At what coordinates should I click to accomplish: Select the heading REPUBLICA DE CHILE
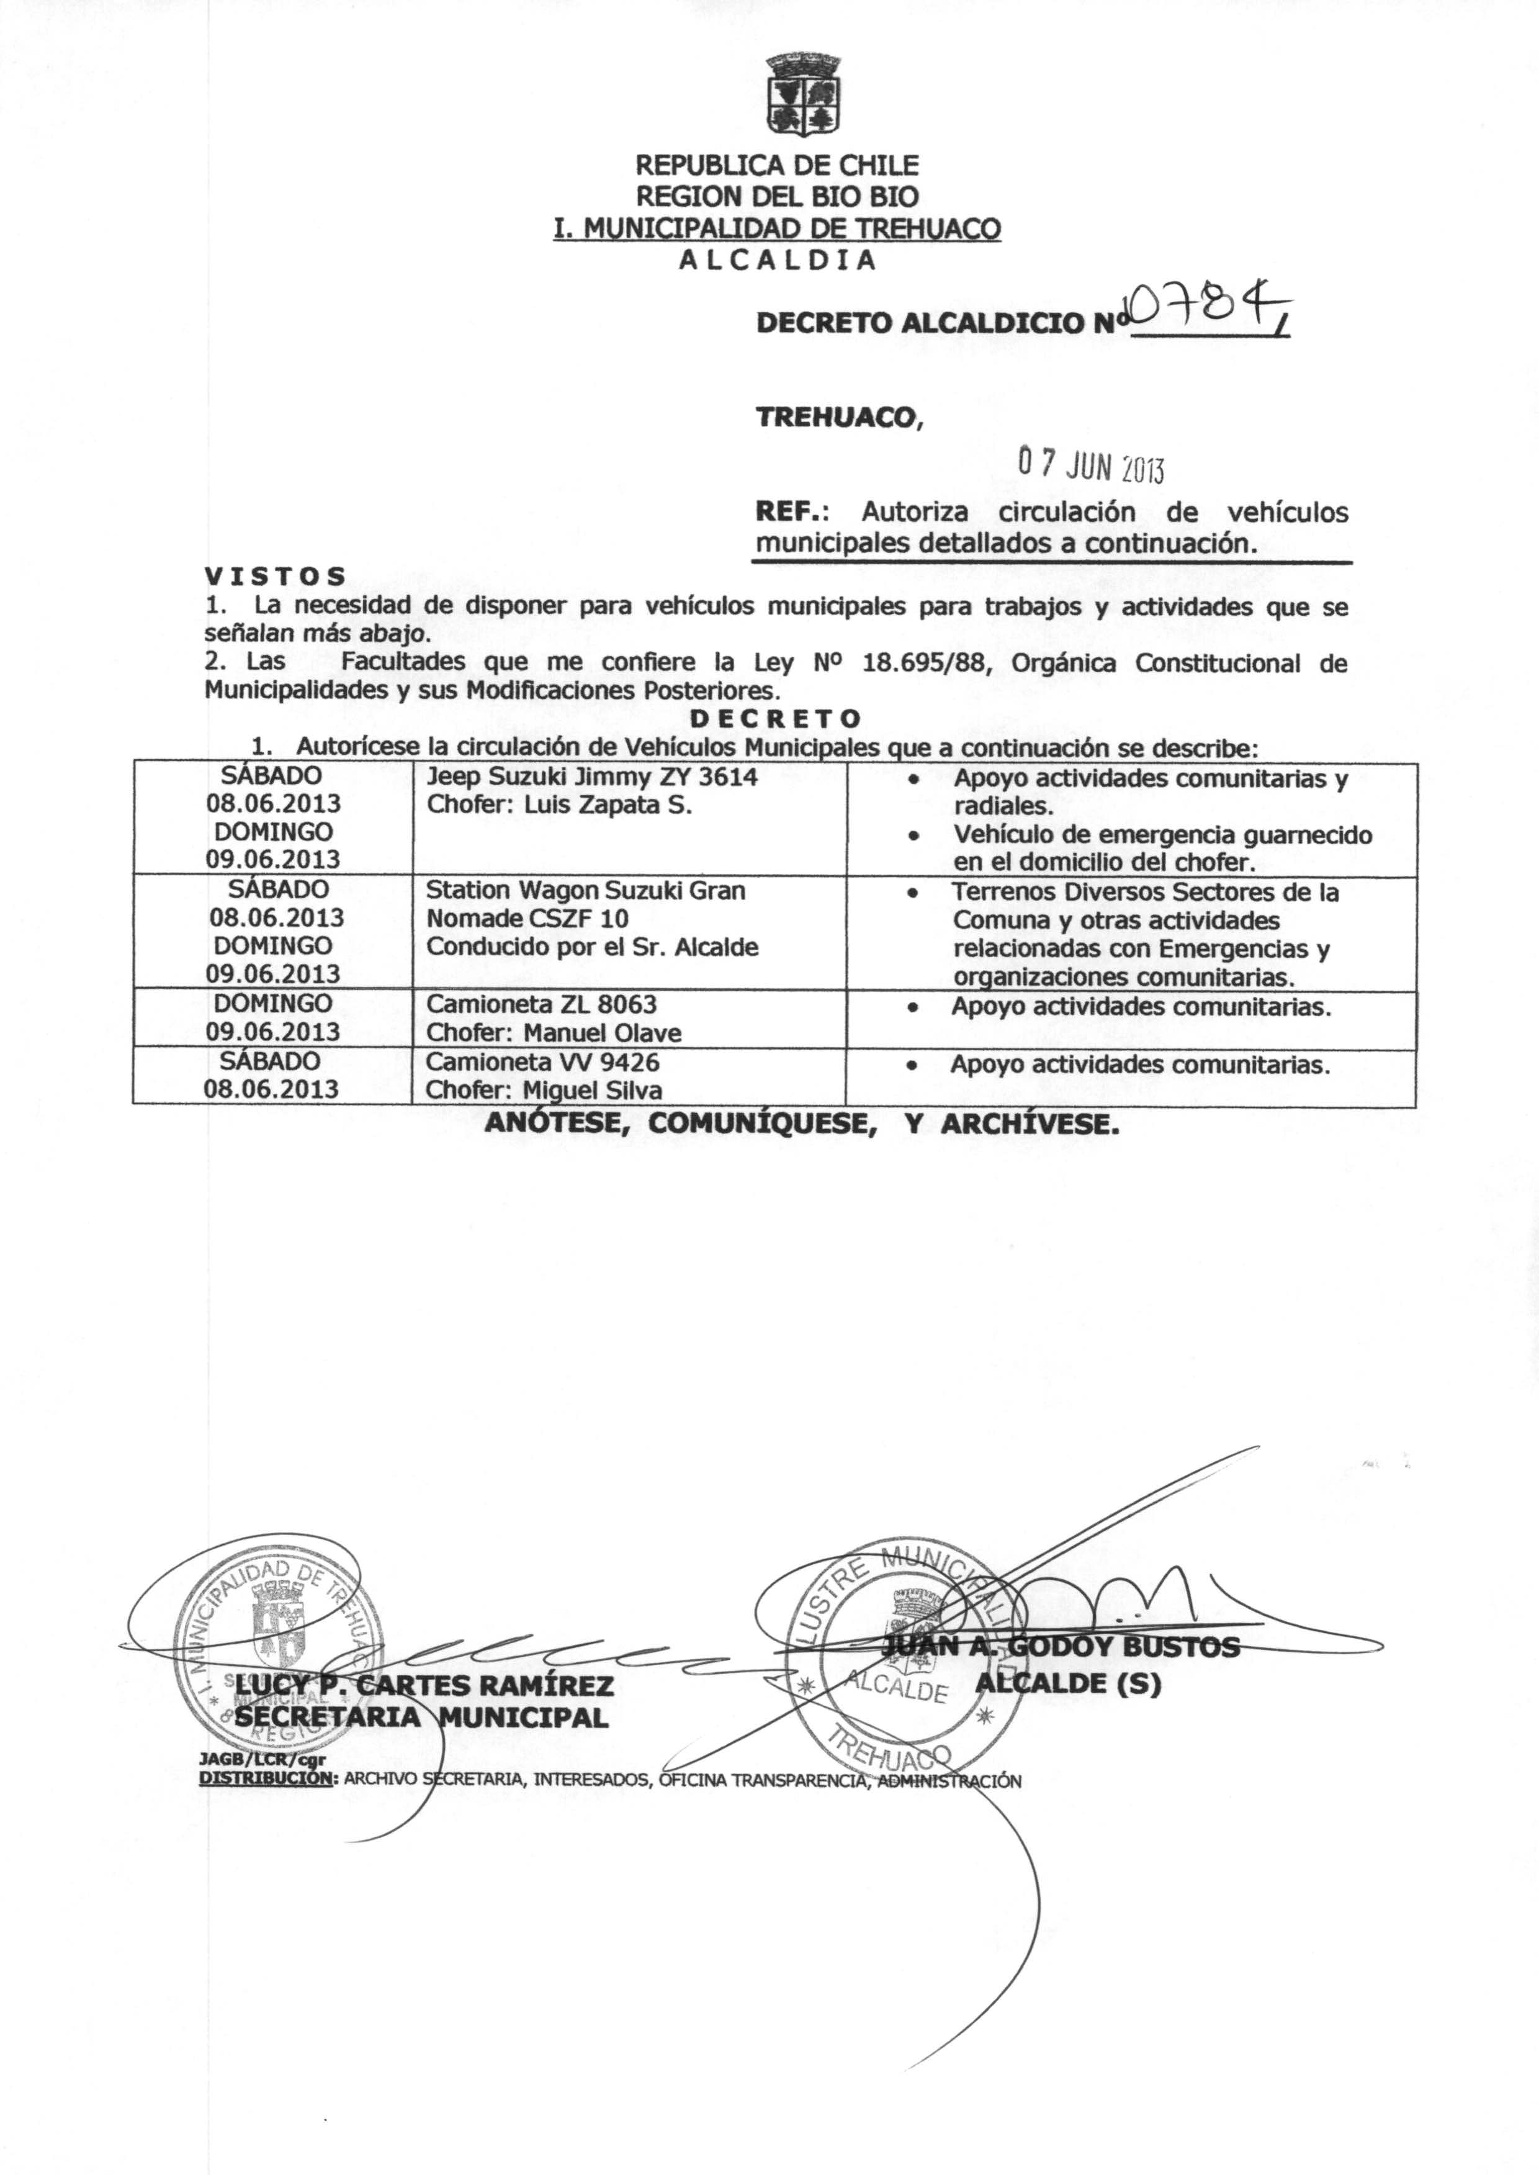[776, 166]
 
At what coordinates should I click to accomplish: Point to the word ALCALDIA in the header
[777, 259]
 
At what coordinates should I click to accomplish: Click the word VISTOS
[275, 576]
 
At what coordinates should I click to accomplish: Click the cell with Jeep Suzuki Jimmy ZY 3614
[591, 777]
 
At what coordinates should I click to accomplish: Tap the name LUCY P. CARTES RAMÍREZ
[424, 1685]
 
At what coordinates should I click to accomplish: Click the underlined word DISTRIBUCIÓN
[266, 1779]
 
